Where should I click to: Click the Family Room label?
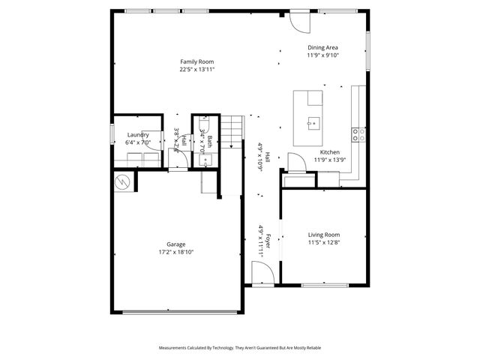coord(197,61)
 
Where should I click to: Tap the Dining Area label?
coord(322,47)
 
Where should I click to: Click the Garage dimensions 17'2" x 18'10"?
coord(176,253)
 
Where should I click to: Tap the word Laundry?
coord(138,135)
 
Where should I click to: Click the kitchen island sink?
coord(313,121)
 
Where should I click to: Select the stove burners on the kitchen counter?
coord(359,135)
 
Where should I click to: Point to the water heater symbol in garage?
coord(121,181)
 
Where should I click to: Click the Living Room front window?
coord(325,284)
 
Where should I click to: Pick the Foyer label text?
coord(266,239)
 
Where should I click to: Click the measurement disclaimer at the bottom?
coord(240,348)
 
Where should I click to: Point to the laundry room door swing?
coord(152,145)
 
